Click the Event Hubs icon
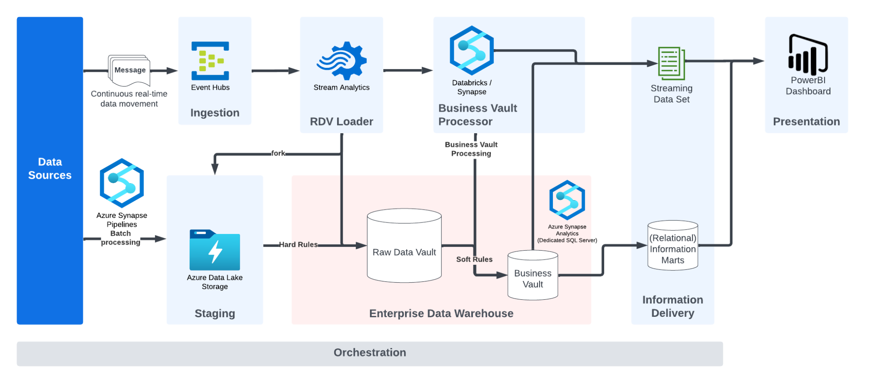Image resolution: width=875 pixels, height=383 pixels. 210,61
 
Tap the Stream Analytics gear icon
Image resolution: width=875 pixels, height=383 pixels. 342,61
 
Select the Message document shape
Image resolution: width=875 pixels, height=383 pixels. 129,70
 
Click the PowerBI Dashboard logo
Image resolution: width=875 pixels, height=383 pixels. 808,55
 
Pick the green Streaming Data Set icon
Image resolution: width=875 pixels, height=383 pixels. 672,63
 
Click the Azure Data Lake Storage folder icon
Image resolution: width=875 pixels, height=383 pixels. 214,250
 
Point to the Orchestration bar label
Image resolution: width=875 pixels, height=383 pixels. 370,353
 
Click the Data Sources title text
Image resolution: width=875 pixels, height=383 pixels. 50,168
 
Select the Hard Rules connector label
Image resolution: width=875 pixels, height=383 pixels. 298,245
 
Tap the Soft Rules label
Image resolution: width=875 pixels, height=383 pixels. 474,259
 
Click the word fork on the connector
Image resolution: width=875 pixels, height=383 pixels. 278,153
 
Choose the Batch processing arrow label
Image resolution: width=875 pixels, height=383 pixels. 120,238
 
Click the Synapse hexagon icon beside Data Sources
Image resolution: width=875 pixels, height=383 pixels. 122,183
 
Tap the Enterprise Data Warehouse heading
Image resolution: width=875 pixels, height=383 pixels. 441,313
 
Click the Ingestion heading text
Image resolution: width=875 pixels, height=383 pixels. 214,113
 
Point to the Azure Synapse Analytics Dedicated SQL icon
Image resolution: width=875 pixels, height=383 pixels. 567,200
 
